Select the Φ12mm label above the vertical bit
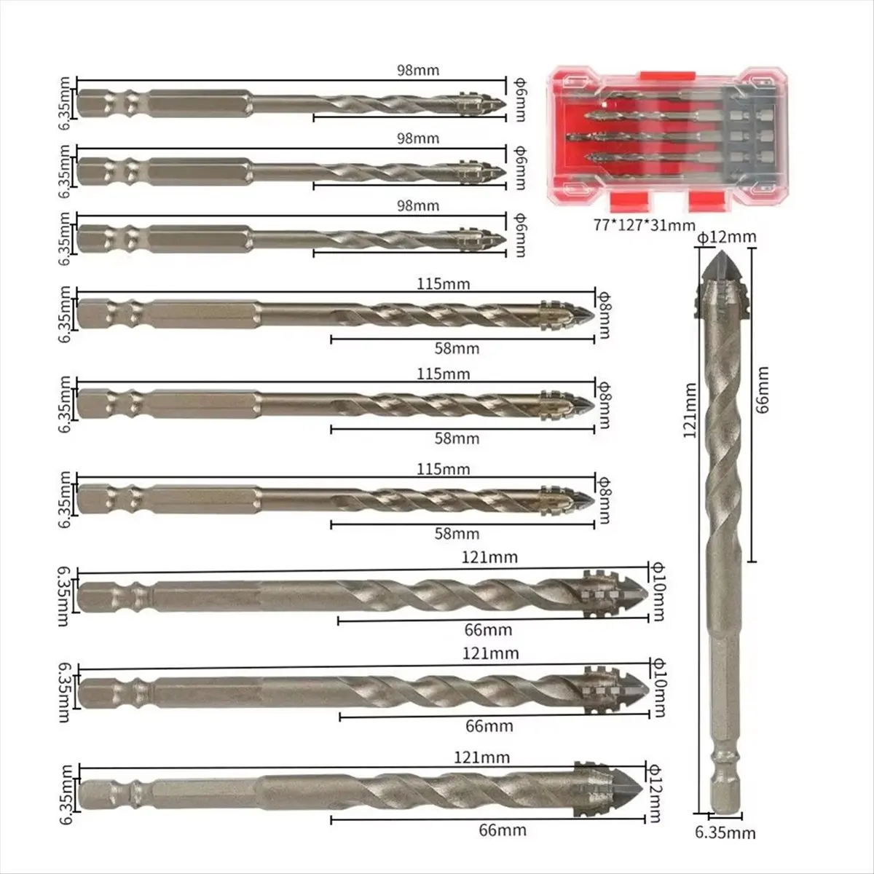[727, 237]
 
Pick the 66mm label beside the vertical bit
[762, 398]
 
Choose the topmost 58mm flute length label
[457, 348]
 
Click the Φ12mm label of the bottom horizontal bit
[658, 790]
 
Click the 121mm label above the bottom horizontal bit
[489, 757]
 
